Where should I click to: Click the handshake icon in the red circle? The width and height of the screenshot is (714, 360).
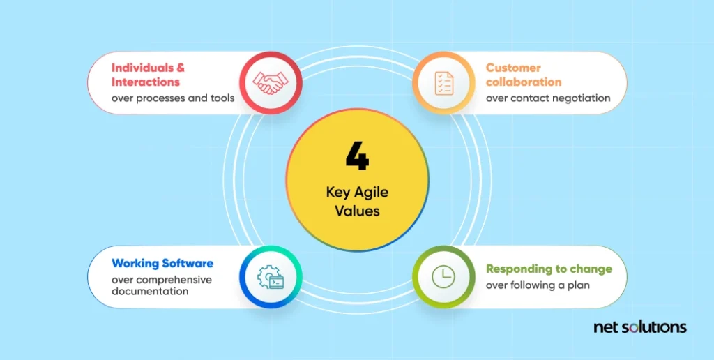coord(271,82)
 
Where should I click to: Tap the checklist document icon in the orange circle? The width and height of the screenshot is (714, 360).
coord(444,83)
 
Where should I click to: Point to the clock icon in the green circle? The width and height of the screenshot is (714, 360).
coord(443,276)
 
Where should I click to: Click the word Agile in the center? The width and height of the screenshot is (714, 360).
coord(372,193)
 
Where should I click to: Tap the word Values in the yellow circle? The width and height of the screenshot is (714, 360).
coord(358,212)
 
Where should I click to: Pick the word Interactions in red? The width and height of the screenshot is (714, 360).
coord(146,82)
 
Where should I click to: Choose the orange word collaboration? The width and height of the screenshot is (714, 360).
coord(524,82)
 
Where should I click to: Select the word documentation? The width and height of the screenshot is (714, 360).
coord(151,291)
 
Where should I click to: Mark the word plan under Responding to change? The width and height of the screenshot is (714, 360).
coord(578,286)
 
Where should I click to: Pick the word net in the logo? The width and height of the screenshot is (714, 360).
coord(605,328)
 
